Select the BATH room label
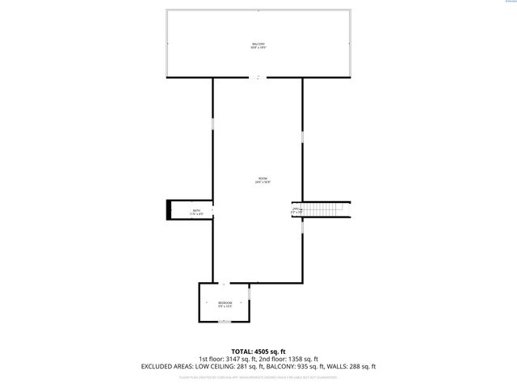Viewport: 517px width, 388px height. tap(195, 212)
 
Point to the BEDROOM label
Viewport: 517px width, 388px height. tap(225, 304)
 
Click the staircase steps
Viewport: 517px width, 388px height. tap(323, 210)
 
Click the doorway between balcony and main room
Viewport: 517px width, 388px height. tap(258, 78)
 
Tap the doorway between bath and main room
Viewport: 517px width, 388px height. tap(213, 212)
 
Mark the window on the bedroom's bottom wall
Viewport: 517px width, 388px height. tap(225, 322)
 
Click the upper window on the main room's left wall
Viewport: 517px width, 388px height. tap(213, 129)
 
